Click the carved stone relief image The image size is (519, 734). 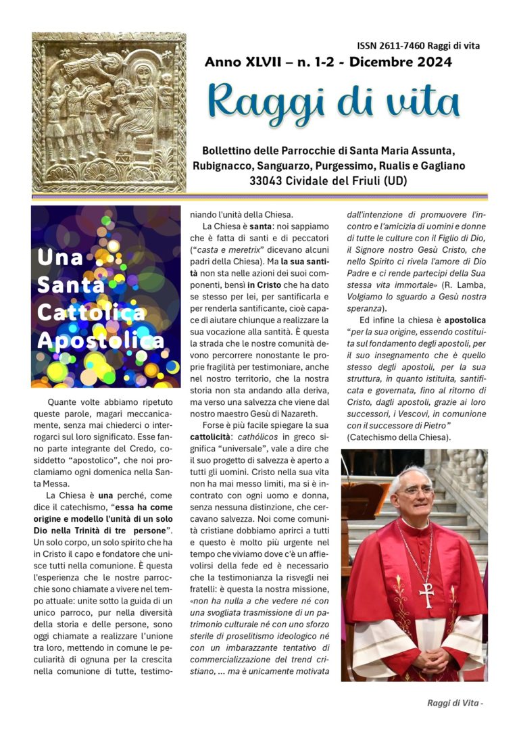click(x=109, y=112)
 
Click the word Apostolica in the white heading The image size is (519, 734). click(x=100, y=340)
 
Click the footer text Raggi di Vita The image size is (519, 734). click(x=453, y=703)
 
